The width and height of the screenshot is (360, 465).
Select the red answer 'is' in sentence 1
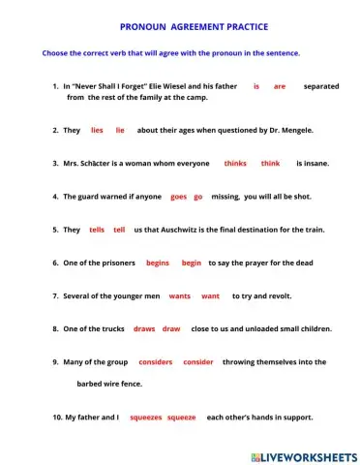[x=256, y=86]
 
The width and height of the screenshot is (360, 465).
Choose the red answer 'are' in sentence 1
[x=280, y=86]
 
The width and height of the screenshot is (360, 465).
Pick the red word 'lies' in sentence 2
[x=97, y=129]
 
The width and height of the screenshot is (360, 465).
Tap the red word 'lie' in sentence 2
[x=120, y=129]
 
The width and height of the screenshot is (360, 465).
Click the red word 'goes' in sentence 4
[x=178, y=196]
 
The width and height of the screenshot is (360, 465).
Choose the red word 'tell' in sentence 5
[x=119, y=230]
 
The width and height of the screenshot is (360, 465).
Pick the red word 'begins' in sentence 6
[x=158, y=263]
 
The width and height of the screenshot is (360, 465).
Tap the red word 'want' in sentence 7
[x=210, y=295]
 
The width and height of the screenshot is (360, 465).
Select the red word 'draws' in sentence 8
[x=144, y=328]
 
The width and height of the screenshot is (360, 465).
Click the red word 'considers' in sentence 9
[x=156, y=361]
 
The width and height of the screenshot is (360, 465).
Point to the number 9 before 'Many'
[x=55, y=361]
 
